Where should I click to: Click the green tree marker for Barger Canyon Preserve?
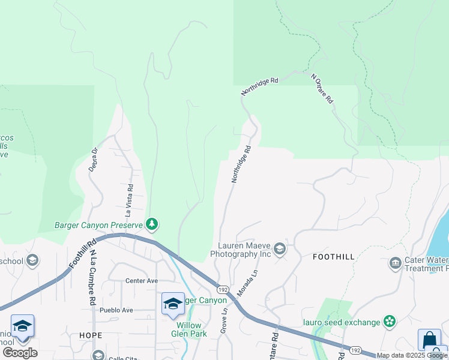click(152, 224)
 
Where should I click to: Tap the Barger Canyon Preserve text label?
click(98, 225)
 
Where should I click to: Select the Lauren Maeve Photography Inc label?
click(242, 250)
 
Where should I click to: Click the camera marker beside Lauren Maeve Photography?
click(279, 249)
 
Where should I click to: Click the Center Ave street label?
click(142, 280)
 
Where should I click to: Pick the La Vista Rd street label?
click(129, 200)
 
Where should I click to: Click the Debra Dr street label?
click(93, 160)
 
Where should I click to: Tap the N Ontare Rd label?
click(322, 89)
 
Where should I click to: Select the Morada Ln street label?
click(247, 281)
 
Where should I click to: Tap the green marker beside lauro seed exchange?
click(390, 322)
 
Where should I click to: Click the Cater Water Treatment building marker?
click(395, 263)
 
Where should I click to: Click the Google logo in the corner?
click(20, 353)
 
